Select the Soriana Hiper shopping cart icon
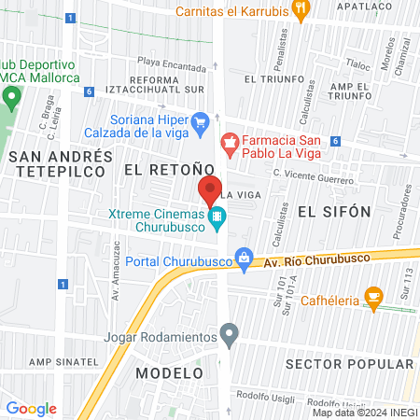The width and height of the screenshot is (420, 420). coord(200,121)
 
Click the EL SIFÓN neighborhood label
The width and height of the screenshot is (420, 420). coord(334,212)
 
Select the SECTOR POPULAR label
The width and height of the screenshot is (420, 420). coord(350,363)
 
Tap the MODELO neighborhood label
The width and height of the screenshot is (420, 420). coord(169,372)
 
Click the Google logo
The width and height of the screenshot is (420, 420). coord(31,408)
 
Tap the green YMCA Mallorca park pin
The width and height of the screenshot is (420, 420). coord(12,96)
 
